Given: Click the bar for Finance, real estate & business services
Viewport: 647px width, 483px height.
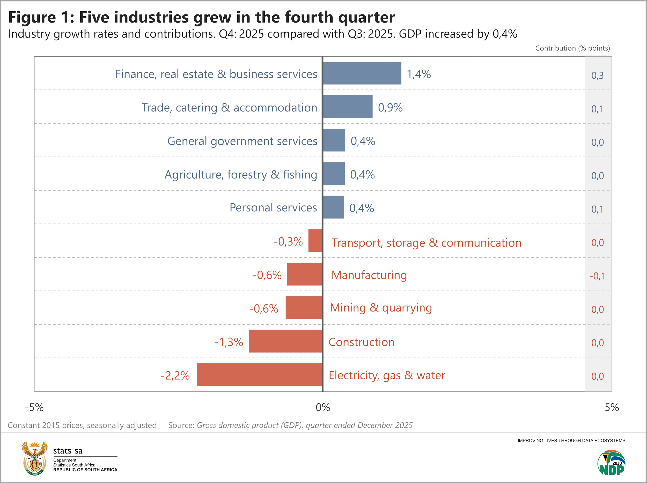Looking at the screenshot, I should [x=362, y=73].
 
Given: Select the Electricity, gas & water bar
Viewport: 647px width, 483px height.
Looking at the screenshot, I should [x=259, y=375].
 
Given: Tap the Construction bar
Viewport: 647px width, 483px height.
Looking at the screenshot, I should [x=285, y=341].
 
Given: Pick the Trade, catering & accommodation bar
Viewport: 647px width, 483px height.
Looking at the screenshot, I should [x=348, y=107].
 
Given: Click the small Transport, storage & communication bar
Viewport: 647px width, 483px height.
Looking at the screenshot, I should [x=315, y=241].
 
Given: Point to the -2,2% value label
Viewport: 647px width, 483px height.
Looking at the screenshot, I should [x=175, y=376].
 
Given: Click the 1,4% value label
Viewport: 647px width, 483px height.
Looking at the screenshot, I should [x=418, y=74].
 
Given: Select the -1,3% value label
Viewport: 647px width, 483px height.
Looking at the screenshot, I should [x=229, y=342].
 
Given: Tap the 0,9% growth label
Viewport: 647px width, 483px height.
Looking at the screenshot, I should [x=390, y=108].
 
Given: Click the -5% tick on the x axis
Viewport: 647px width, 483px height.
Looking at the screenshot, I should [x=34, y=407].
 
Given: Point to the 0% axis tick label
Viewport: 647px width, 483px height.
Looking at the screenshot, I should [x=323, y=407].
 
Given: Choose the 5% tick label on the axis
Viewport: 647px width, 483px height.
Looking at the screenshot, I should [x=612, y=407].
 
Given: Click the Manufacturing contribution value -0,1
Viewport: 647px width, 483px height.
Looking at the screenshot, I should [x=597, y=276].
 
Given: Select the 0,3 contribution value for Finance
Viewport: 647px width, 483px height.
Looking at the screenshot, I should [x=597, y=76].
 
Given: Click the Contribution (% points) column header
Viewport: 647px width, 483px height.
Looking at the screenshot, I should [x=572, y=48].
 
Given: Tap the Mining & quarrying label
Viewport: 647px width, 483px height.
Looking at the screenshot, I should [x=381, y=308].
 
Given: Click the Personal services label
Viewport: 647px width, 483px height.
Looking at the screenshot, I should [x=273, y=207].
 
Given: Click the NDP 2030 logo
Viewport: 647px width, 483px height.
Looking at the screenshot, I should [x=611, y=463].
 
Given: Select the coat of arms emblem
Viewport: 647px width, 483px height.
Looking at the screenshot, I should [x=34, y=458].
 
